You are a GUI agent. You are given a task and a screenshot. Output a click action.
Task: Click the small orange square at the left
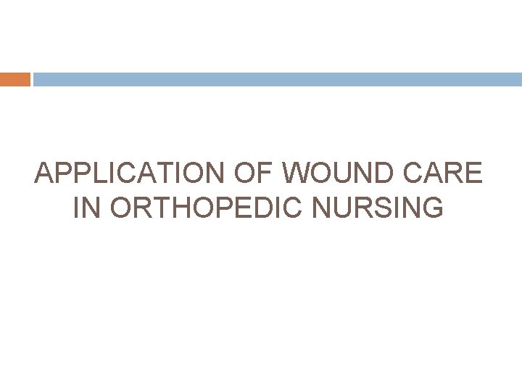tap(15, 79)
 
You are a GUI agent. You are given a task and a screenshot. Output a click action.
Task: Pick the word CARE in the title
tap(443, 174)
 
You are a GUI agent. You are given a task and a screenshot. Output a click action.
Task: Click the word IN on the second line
tap(88, 209)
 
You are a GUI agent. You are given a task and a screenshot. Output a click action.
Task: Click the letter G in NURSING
tap(433, 209)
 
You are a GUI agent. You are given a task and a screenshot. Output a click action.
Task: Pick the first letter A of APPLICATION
tap(44, 174)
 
